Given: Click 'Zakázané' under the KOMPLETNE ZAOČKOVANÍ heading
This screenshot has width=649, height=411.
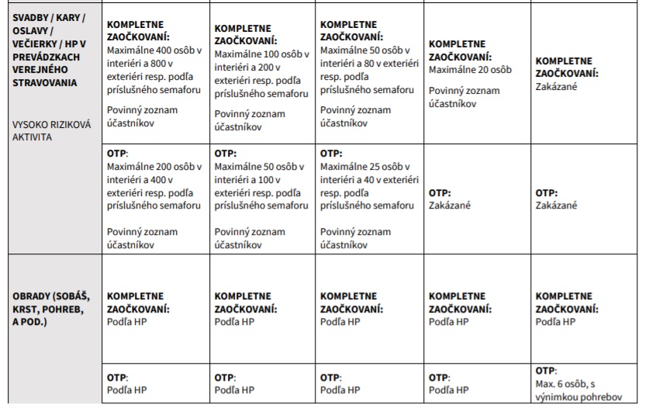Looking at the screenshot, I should [555, 86].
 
